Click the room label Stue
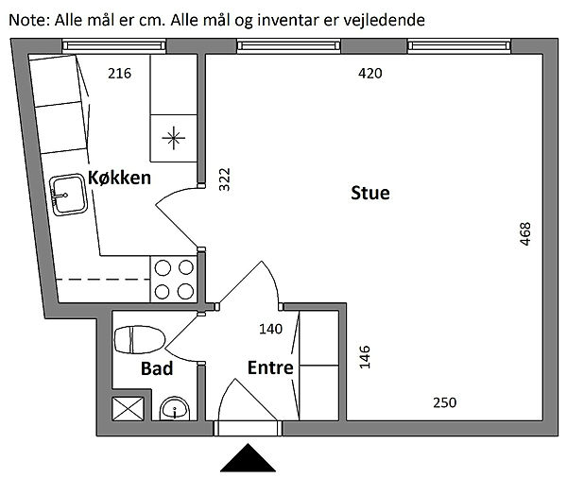click(x=370, y=194)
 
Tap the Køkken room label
click(x=120, y=178)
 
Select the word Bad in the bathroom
click(x=157, y=368)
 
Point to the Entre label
click(x=270, y=368)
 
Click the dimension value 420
click(x=369, y=73)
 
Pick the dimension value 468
click(x=525, y=234)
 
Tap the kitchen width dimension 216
click(x=119, y=73)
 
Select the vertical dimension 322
click(x=224, y=179)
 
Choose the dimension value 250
click(x=444, y=402)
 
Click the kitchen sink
click(x=69, y=195)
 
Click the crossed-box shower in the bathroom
click(x=127, y=409)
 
